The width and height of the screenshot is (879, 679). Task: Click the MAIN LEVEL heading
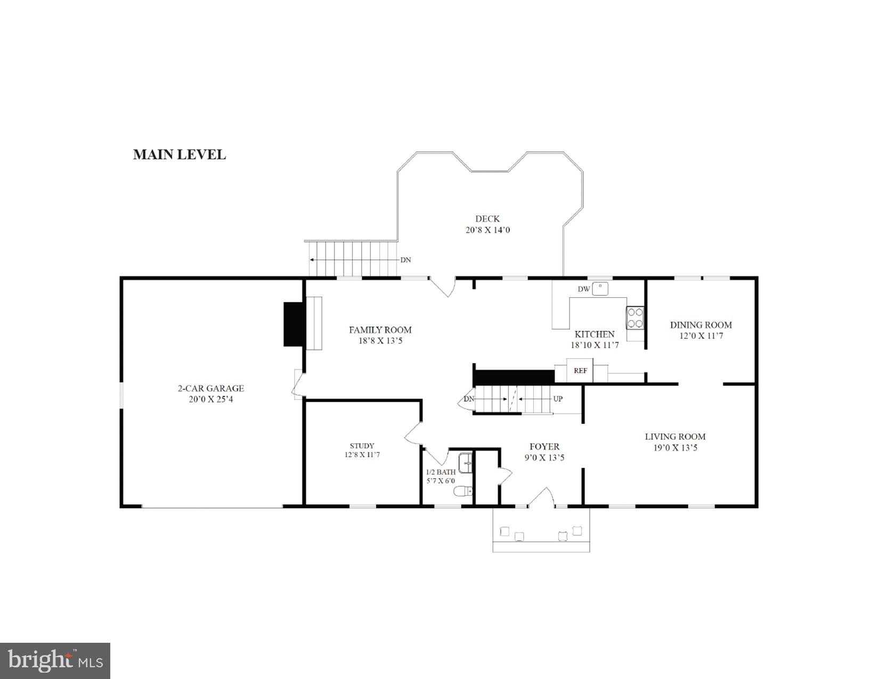click(x=179, y=154)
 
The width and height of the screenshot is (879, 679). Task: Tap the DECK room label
click(x=487, y=218)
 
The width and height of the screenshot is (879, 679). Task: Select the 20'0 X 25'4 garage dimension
click(x=210, y=399)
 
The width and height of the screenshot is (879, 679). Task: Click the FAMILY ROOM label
click(x=380, y=330)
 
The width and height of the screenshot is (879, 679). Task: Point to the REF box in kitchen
click(x=580, y=370)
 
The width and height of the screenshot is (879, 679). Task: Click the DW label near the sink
click(x=583, y=289)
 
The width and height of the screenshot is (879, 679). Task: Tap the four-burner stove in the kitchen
click(x=635, y=318)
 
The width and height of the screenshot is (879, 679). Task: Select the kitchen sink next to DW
click(x=601, y=288)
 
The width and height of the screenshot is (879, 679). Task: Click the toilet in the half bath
click(x=462, y=491)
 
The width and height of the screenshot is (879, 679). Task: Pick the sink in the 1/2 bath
click(x=466, y=463)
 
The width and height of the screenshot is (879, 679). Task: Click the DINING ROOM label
click(x=701, y=325)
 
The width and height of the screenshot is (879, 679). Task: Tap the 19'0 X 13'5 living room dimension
click(x=675, y=448)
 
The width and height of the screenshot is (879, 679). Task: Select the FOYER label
click(x=544, y=447)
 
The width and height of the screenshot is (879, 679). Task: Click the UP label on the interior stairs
click(x=557, y=399)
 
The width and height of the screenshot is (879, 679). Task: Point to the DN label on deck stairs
click(x=405, y=260)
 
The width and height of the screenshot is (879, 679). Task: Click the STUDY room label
click(x=362, y=446)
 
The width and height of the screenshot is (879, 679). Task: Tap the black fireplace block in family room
click(x=294, y=324)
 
